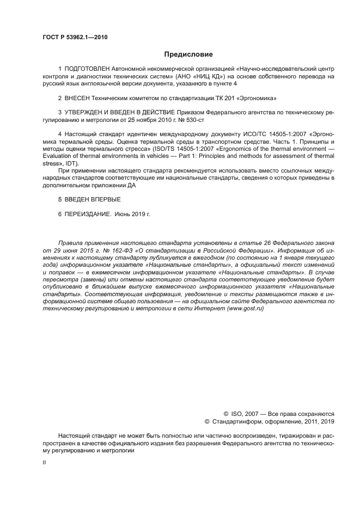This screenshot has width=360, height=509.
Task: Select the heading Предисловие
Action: coord(188,54)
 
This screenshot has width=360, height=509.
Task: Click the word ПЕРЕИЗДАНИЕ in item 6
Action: coord(87,213)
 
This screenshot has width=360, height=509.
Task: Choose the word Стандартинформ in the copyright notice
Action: coord(239,421)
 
